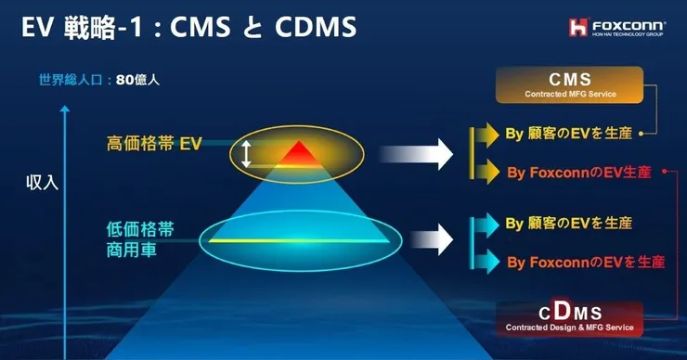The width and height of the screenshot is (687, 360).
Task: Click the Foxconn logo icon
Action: (x=578, y=27)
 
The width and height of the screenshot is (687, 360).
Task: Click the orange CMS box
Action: (x=570, y=85)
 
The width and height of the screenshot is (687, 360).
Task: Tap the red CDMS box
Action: (x=570, y=319)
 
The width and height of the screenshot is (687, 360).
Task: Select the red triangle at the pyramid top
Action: (x=299, y=153)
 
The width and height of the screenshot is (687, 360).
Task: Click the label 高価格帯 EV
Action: (x=154, y=144)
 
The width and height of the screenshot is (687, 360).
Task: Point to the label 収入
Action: (x=42, y=183)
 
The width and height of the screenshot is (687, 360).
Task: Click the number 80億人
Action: (x=137, y=80)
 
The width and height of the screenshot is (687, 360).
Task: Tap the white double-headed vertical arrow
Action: (x=246, y=154)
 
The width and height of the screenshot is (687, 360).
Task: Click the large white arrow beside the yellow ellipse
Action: (x=416, y=154)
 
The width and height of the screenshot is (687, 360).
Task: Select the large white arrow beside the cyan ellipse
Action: (x=432, y=239)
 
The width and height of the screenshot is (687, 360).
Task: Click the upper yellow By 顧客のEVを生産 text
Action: (x=569, y=133)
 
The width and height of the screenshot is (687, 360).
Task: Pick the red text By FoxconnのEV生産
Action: (x=578, y=173)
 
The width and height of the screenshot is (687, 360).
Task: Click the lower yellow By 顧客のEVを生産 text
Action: (x=569, y=223)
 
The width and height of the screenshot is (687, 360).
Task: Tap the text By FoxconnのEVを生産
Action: (x=586, y=262)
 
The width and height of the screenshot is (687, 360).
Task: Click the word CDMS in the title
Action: (x=316, y=27)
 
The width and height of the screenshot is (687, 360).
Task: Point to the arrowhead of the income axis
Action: (x=65, y=109)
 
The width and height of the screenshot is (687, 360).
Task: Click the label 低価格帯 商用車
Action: (x=140, y=239)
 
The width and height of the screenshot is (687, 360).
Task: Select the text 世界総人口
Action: (x=71, y=80)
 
